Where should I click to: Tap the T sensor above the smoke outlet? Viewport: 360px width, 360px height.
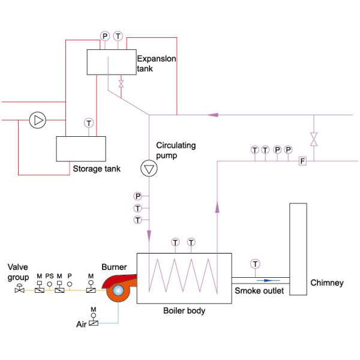tap(256, 264)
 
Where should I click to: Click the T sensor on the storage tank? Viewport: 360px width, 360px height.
tap(89, 123)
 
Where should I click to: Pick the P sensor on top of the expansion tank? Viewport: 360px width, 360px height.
tap(106, 37)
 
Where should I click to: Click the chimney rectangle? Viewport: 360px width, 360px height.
tap(298, 249)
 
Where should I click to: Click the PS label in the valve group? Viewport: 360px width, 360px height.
tap(49, 276)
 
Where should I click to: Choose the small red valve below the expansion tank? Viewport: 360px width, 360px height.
tap(122, 83)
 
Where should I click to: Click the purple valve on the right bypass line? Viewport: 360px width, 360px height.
tap(313, 139)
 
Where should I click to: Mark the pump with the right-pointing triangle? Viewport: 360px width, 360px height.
tap(38, 120)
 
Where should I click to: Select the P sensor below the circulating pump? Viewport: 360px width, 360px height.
tap(138, 196)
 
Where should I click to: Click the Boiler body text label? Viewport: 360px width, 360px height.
tap(184, 311)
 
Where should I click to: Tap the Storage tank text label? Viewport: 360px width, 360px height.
tap(96, 169)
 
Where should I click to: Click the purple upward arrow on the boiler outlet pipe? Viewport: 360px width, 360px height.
tap(215, 207)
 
